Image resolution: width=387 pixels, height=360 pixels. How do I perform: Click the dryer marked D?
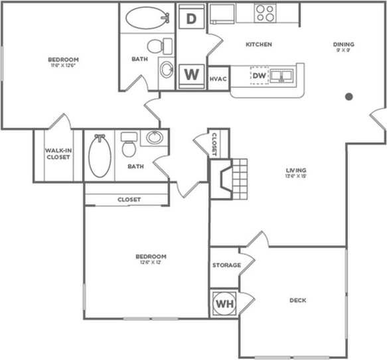click(191, 19)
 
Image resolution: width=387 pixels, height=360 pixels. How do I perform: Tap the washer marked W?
click(191, 74)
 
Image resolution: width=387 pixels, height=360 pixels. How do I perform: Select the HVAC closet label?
click(218, 79)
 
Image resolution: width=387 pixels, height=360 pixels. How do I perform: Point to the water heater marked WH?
click(224, 304)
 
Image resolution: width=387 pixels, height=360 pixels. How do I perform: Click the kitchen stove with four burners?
click(266, 13)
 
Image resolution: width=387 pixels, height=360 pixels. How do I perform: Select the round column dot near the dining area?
click(348, 97)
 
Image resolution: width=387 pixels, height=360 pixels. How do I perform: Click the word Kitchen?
click(259, 44)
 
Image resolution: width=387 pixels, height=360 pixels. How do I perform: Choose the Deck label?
click(297, 300)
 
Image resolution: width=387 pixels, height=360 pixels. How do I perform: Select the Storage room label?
click(226, 265)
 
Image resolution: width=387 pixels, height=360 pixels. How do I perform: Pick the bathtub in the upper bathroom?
click(148, 18)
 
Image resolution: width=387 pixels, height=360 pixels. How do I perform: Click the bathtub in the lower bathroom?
click(100, 156)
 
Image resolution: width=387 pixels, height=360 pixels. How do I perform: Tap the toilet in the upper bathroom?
click(157, 46)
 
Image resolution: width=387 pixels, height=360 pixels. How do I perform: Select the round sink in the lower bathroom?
click(155, 138)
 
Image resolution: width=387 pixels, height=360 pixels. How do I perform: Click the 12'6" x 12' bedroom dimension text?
click(151, 263)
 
